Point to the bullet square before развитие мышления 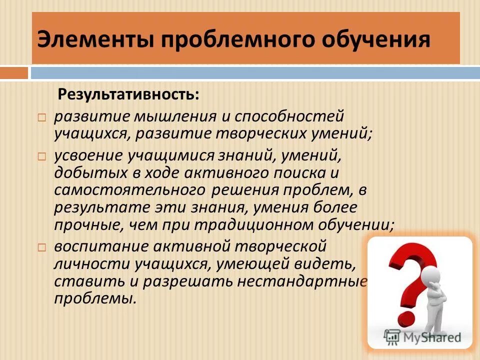coord(42,118)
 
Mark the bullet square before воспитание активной coord(42,246)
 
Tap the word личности coord(82,263)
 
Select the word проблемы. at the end coord(95,298)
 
